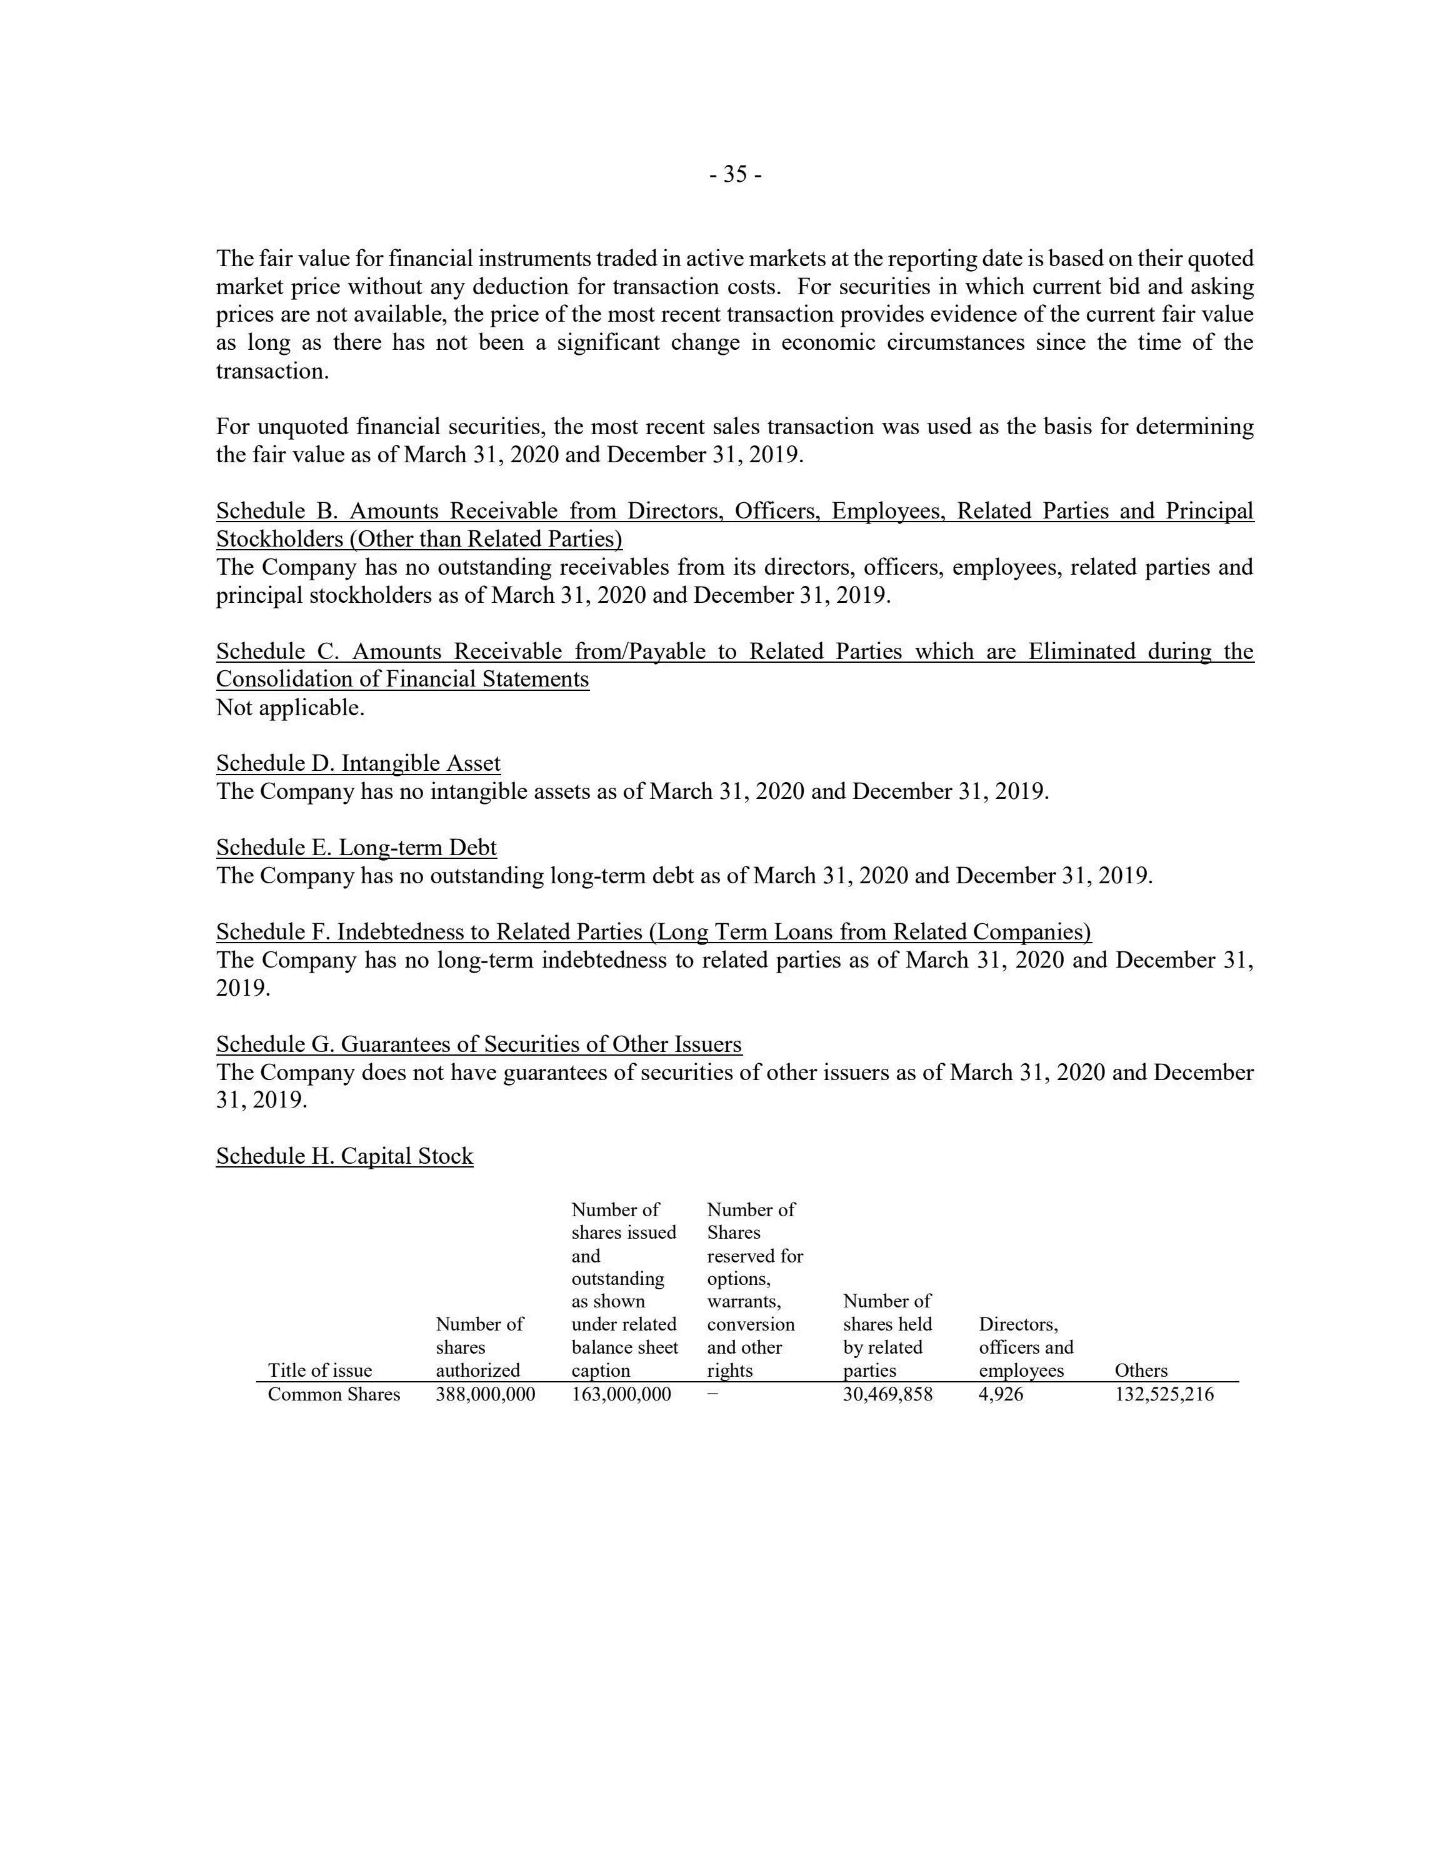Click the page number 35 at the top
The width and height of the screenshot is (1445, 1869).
[736, 174]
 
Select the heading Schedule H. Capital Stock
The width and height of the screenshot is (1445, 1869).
[344, 1156]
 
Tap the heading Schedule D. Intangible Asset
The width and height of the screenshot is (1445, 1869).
[358, 763]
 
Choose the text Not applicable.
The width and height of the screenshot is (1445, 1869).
[290, 708]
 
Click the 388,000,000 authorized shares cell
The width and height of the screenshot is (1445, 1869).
[486, 1394]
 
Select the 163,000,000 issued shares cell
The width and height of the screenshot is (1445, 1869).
[621, 1394]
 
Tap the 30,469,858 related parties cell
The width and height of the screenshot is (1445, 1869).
[887, 1394]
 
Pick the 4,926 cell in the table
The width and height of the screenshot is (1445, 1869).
[1001, 1394]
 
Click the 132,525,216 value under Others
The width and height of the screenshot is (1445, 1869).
[1164, 1394]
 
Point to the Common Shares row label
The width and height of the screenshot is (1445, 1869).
[334, 1394]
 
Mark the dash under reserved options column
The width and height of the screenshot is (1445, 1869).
[713, 1394]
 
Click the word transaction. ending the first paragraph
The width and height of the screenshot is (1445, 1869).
[272, 372]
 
